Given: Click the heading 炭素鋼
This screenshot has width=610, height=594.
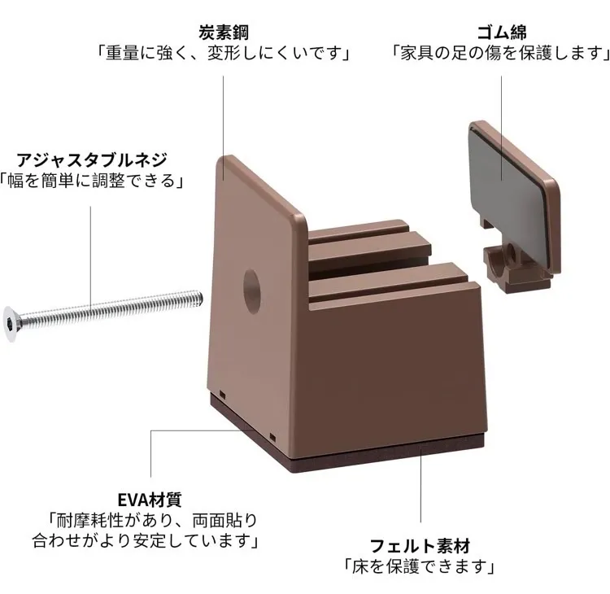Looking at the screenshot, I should tap(224, 33).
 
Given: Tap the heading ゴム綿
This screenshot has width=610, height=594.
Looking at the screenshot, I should tap(501, 33).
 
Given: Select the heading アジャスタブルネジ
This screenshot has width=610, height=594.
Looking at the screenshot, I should tap(91, 159).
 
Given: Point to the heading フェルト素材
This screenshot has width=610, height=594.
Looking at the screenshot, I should tap(420, 545).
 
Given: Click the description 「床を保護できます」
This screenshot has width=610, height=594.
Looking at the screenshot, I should tap(420, 566).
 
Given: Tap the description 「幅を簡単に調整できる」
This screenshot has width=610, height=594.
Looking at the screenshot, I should tap(91, 180).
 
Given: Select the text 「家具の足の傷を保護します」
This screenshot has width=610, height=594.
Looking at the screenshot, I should tap(501, 54).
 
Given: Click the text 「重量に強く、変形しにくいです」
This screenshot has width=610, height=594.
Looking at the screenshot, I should tap(224, 54).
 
